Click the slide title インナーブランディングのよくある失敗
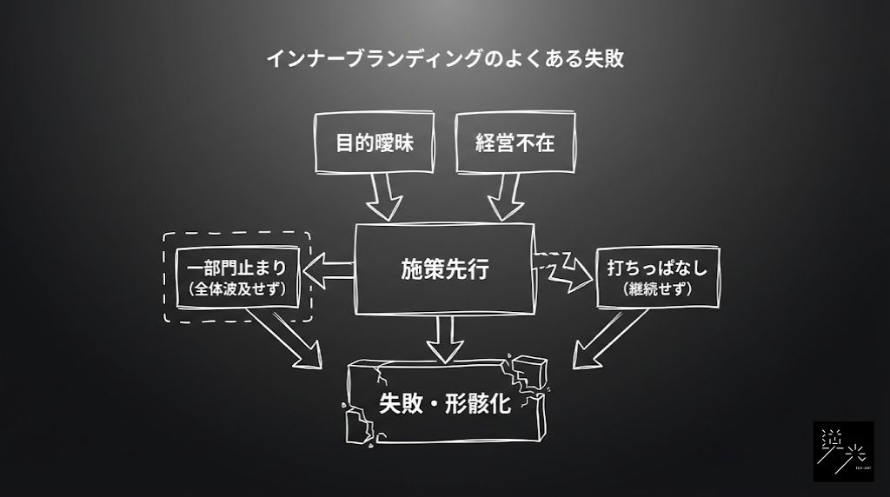point(444,59)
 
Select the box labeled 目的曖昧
point(375,142)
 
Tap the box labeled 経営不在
point(515,142)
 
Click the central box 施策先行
point(444,268)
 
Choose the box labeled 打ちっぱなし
point(657,268)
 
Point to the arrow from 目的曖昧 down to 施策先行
point(383,198)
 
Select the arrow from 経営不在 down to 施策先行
point(507,198)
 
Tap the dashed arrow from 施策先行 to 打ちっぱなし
point(562,269)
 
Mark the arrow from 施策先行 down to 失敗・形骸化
point(445,340)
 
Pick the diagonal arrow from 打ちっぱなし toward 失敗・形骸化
point(608,339)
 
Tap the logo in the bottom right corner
point(843,451)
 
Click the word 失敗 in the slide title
point(604,59)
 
